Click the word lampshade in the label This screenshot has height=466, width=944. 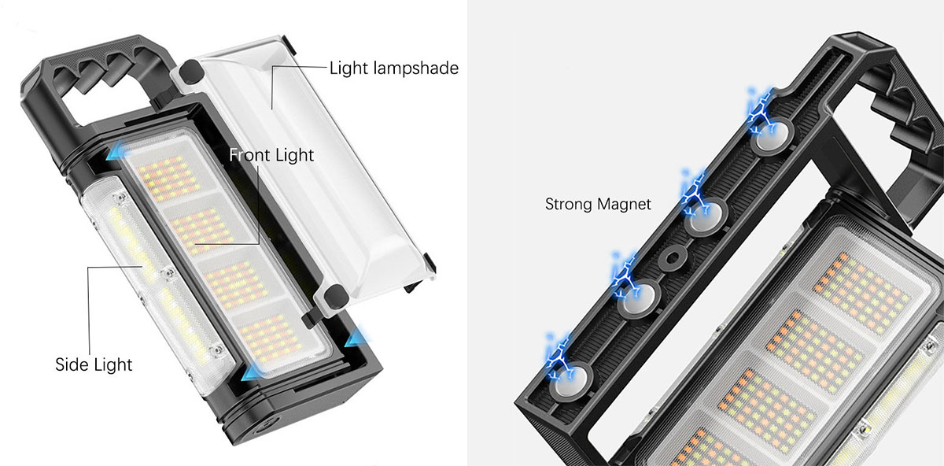[x=416, y=68]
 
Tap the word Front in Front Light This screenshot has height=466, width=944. [x=249, y=155]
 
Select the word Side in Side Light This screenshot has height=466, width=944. [x=72, y=364]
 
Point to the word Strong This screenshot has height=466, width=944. [x=569, y=204]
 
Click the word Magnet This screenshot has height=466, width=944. [x=625, y=204]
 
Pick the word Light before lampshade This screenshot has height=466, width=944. [x=349, y=68]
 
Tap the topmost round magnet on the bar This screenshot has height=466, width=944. [x=772, y=137]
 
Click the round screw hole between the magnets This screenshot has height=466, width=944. [x=673, y=257]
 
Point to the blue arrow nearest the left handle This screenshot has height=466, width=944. [x=116, y=150]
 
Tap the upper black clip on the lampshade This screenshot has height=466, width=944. [x=191, y=71]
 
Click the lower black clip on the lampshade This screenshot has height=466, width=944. [x=336, y=296]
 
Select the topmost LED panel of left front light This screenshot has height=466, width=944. [x=169, y=178]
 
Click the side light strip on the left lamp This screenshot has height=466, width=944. [x=157, y=284]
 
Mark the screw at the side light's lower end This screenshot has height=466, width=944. [x=217, y=350]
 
